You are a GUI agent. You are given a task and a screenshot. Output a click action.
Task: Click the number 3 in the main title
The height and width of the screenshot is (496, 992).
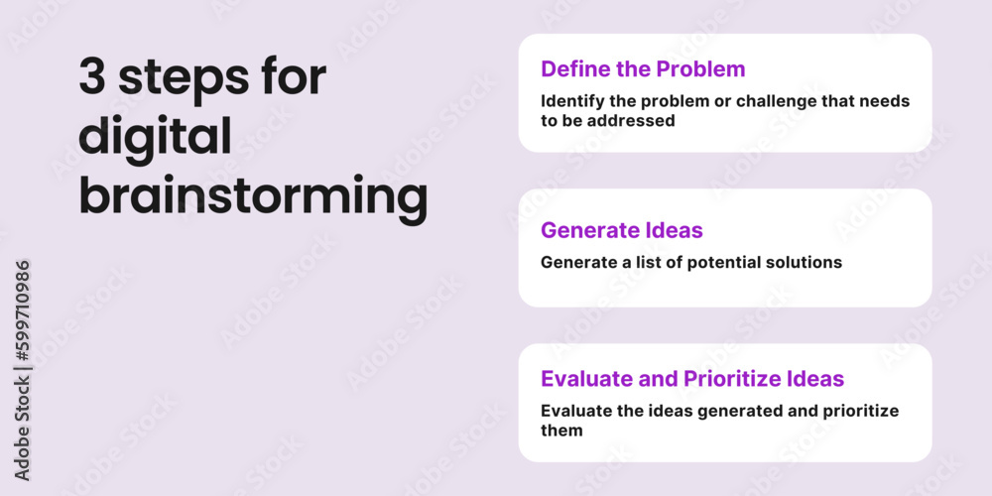pyautogui.click(x=92, y=79)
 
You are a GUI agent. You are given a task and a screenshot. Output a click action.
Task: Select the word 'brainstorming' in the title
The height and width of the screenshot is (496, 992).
pyautogui.click(x=253, y=197)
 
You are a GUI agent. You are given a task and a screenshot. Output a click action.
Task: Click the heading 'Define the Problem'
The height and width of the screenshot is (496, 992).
pyautogui.click(x=643, y=68)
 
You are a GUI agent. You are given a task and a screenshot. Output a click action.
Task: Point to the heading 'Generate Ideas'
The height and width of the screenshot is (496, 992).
pyautogui.click(x=622, y=230)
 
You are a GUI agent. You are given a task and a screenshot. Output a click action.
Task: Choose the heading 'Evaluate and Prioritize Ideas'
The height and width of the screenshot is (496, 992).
pyautogui.click(x=692, y=378)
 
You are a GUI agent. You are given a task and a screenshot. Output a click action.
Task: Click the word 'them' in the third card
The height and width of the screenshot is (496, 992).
pyautogui.click(x=561, y=431)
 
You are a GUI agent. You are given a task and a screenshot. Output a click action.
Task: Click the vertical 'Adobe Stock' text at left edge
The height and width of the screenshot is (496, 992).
pyautogui.click(x=23, y=428)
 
